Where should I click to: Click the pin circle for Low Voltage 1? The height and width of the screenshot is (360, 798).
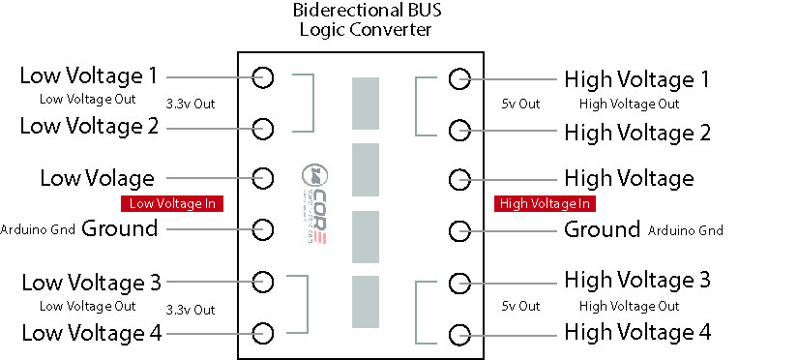[x=263, y=77]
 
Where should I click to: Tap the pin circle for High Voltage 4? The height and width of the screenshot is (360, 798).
[x=458, y=335]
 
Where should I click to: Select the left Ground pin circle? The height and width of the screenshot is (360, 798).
[x=263, y=229]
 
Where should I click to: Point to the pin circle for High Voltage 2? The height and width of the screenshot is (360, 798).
[x=458, y=130]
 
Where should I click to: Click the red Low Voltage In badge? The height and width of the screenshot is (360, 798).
[x=172, y=203]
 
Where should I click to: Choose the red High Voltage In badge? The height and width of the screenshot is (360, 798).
[x=545, y=203]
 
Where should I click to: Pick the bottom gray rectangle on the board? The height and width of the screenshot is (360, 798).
[x=366, y=302]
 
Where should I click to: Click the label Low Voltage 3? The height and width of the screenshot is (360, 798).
[x=91, y=283]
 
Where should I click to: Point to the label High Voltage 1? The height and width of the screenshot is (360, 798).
[x=637, y=78]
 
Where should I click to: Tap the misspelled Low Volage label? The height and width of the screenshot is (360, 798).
[x=97, y=178]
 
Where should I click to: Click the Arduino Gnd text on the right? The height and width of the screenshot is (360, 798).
[x=685, y=230]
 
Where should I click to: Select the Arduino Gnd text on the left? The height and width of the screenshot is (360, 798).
[x=38, y=230]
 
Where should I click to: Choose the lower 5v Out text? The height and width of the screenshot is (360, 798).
[x=520, y=307]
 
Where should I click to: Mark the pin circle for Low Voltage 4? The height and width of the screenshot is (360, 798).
[x=263, y=332]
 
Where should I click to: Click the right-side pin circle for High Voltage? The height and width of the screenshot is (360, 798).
[x=458, y=179]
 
